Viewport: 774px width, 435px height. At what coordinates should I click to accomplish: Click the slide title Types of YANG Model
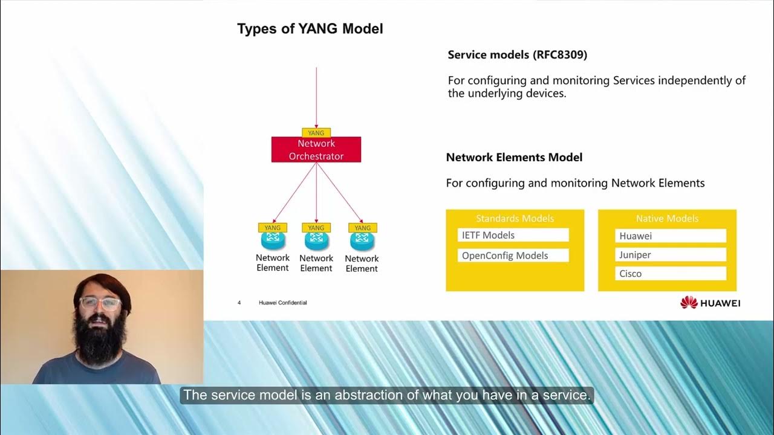310,28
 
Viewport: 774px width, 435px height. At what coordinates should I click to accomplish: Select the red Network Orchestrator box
316,150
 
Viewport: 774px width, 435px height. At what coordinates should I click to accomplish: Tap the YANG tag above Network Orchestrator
316,133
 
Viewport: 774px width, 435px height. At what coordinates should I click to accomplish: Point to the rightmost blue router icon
362,241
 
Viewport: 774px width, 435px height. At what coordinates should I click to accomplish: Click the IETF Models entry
513,235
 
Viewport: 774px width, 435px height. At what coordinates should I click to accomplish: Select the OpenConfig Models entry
513,256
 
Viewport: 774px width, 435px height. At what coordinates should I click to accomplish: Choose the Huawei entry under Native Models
670,236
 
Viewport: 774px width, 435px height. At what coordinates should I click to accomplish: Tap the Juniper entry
670,255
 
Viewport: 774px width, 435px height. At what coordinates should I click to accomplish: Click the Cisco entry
670,274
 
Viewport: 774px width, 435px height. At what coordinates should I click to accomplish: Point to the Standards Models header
515,219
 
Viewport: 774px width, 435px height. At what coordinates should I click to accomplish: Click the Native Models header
667,219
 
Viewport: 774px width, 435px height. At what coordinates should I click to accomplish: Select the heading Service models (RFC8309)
517,55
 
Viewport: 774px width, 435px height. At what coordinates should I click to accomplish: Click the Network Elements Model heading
514,158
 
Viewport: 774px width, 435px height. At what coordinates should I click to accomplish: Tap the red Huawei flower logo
689,303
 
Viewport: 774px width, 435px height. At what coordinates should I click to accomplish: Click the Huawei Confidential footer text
282,303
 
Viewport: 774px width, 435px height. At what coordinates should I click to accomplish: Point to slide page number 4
239,303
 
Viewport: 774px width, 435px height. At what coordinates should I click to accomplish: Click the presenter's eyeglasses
100,304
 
